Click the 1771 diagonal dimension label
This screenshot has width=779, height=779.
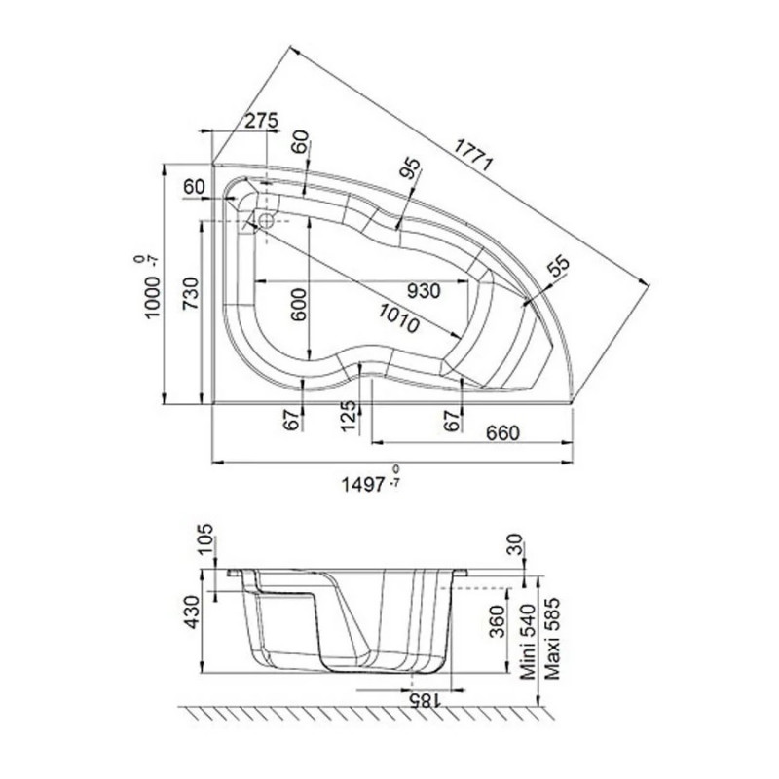[x=473, y=155]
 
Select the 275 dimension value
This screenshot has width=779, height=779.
[x=262, y=120]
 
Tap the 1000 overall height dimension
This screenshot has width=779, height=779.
[x=152, y=297]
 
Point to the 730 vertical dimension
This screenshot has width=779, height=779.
[x=190, y=294]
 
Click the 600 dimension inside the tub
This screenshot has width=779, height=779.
[x=298, y=305]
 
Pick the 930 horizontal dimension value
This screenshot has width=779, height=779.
[x=424, y=291]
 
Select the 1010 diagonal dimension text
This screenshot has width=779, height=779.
[x=399, y=318]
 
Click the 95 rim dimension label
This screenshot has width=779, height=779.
[x=410, y=167]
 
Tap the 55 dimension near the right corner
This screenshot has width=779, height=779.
[x=558, y=266]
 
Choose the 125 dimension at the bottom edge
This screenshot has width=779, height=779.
[x=350, y=417]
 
